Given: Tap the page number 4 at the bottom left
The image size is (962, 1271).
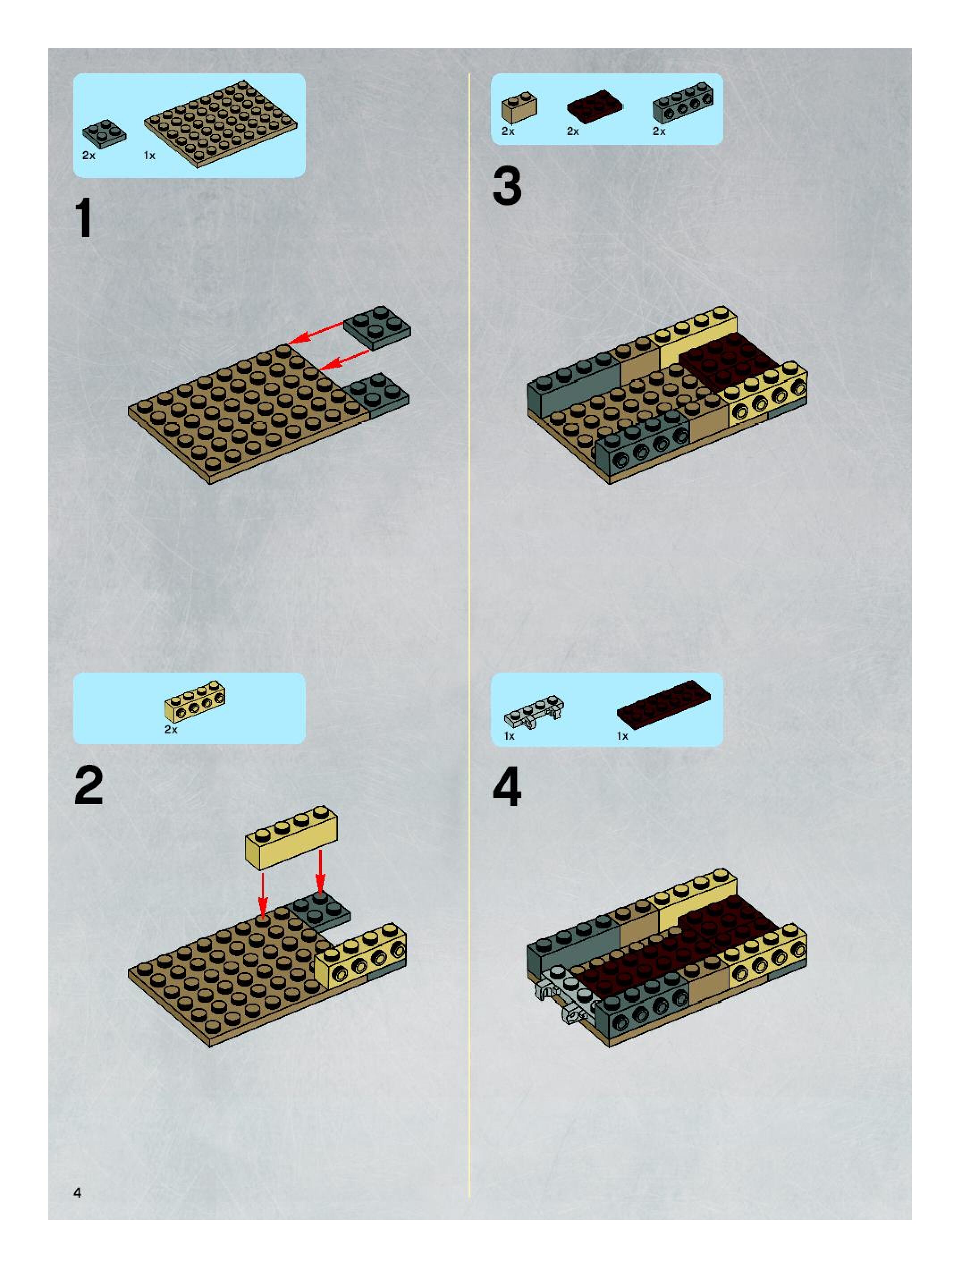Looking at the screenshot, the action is point(77,1192).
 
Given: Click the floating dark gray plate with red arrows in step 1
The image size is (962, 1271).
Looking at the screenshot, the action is point(377,327).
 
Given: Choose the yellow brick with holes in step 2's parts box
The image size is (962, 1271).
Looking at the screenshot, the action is point(195,702).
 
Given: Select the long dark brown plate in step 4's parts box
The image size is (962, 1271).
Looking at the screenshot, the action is point(664,702).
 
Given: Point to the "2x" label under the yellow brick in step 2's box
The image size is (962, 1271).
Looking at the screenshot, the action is point(171,730).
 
